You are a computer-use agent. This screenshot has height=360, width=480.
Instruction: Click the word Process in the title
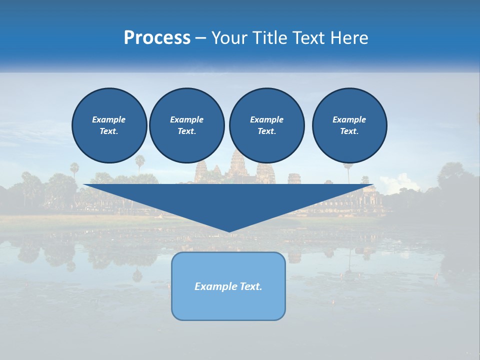point(157,38)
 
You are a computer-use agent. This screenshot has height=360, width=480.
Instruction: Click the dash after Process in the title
point(200,38)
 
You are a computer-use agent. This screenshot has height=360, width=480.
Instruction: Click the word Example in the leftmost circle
point(109,119)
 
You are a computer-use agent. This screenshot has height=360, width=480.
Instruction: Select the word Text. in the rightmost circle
point(349,131)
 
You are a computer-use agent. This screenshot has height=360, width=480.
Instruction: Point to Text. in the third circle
point(266,131)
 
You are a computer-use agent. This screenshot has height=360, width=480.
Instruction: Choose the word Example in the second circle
point(187,119)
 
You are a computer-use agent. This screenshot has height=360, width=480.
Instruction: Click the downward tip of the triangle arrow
point(229,230)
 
